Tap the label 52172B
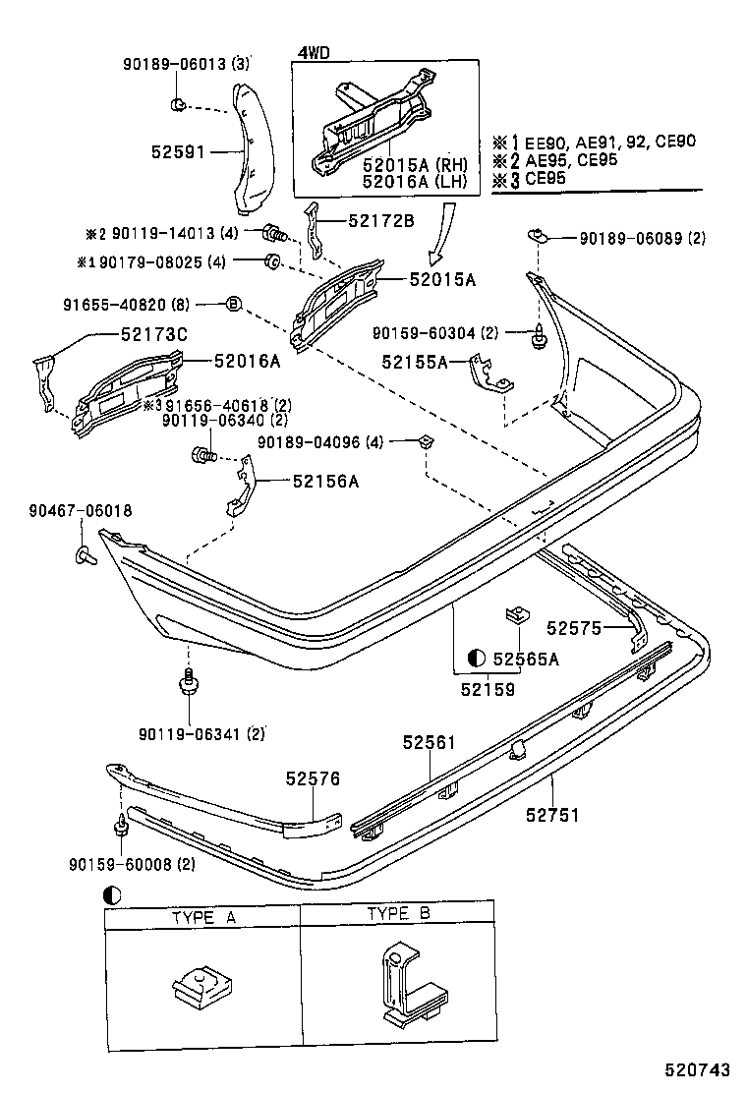(x=380, y=220)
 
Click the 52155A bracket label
(x=416, y=363)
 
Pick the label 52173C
(x=153, y=335)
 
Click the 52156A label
(x=325, y=481)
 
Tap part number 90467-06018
(x=81, y=511)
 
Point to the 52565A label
(x=526, y=659)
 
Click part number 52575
(x=575, y=626)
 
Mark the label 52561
(x=429, y=743)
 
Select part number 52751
(x=552, y=815)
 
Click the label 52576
(x=313, y=778)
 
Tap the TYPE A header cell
(x=203, y=916)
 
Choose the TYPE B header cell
(x=398, y=914)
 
